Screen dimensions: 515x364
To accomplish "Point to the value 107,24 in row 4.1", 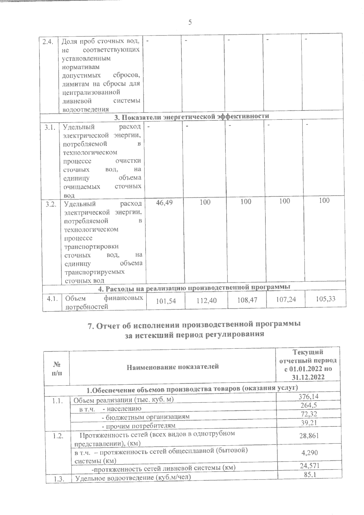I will pos(285,300).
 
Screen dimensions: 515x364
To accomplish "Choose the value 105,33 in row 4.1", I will pos(325,299).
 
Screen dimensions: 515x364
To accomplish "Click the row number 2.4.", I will pos(48,42).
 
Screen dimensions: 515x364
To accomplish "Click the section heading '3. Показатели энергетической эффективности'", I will pos(191,116).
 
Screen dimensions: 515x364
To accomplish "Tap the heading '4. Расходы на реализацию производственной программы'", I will pos(194,287).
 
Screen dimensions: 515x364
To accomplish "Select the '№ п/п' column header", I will pos(57,367).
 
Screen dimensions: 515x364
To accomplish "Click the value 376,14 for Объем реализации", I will pos(308,396).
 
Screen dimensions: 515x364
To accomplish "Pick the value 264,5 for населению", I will pos(308,405).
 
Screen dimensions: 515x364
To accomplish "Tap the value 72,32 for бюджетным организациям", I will pos(308,414).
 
